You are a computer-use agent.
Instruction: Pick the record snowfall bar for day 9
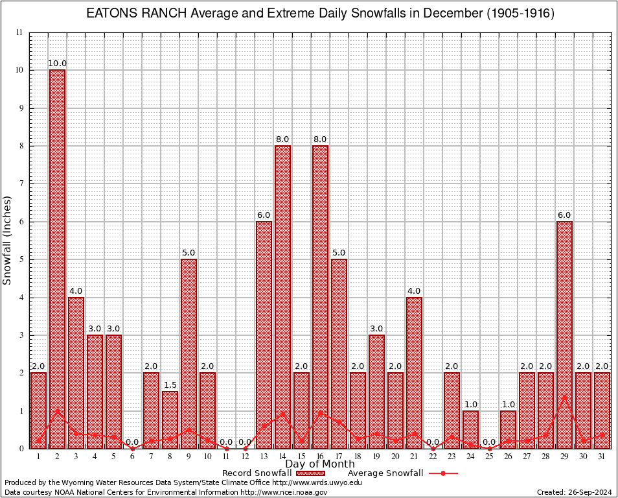tap(189, 353)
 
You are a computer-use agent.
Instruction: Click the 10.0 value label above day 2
tap(57, 64)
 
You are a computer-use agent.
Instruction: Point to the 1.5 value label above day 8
tap(170, 385)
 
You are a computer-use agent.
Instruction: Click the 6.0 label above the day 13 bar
tap(264, 215)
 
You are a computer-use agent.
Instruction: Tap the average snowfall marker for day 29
tap(564, 397)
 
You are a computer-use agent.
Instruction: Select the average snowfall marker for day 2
tap(57, 410)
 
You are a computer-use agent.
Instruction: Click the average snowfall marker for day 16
tap(320, 412)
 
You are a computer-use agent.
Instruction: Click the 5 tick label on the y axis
tap(21, 259)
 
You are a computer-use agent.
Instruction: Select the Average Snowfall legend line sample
tap(443, 473)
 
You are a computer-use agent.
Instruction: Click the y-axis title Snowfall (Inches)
tap(8, 240)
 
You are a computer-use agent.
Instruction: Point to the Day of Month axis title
tap(320, 464)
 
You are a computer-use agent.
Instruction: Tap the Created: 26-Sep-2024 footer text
tap(574, 492)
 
